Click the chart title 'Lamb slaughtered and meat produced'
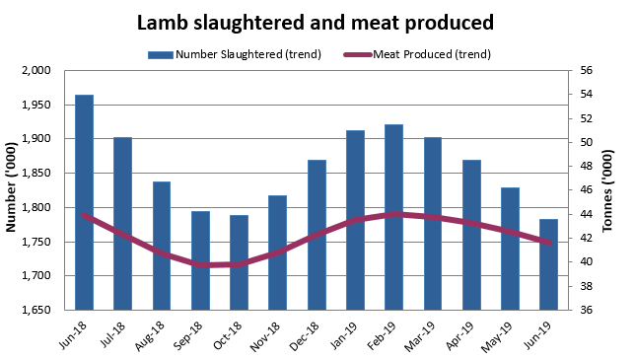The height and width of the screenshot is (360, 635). click(315, 21)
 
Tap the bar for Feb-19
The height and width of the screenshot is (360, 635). click(395, 217)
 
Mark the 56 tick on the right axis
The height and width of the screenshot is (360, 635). click(585, 70)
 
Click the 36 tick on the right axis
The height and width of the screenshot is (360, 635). click(585, 310)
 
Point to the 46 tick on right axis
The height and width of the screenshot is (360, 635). click(585, 190)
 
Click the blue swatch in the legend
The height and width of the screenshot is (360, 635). click(160, 54)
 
